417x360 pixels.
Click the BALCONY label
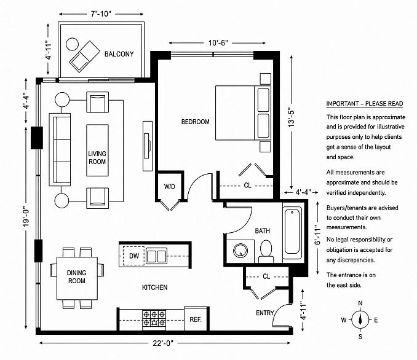(x=119, y=54)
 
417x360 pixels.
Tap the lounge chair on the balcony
(x=84, y=57)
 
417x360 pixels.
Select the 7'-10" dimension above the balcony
(x=101, y=14)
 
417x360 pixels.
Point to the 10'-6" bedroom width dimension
(x=218, y=43)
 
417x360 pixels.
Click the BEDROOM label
(x=196, y=122)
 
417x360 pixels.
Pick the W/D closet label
(x=169, y=187)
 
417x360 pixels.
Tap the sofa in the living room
(x=60, y=149)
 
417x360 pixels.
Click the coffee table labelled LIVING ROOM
(x=97, y=150)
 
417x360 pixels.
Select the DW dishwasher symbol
(x=133, y=256)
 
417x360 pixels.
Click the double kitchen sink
(x=157, y=256)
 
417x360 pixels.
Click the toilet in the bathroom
(x=266, y=251)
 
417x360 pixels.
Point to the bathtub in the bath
(x=292, y=231)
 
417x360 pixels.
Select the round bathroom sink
(x=240, y=251)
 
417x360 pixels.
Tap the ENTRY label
(x=265, y=313)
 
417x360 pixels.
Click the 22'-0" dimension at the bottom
(x=163, y=343)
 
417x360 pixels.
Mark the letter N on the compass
(x=360, y=303)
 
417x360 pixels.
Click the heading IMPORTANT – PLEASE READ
(x=365, y=104)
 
